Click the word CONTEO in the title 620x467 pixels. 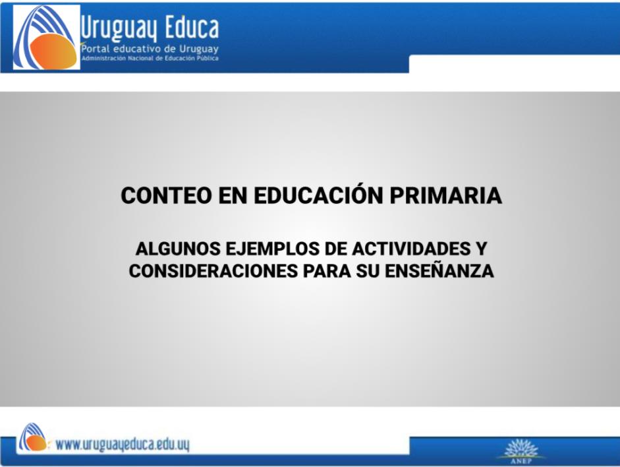(166, 195)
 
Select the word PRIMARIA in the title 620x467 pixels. (446, 195)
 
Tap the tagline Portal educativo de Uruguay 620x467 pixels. (150, 49)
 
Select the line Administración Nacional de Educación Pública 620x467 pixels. (150, 58)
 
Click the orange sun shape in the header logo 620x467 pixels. (53, 51)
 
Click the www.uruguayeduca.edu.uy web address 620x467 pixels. (122, 445)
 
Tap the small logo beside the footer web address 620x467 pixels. (33, 437)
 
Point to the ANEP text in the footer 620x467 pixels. (521, 461)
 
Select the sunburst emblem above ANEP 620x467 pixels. (521, 448)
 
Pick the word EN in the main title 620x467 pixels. (233, 195)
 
